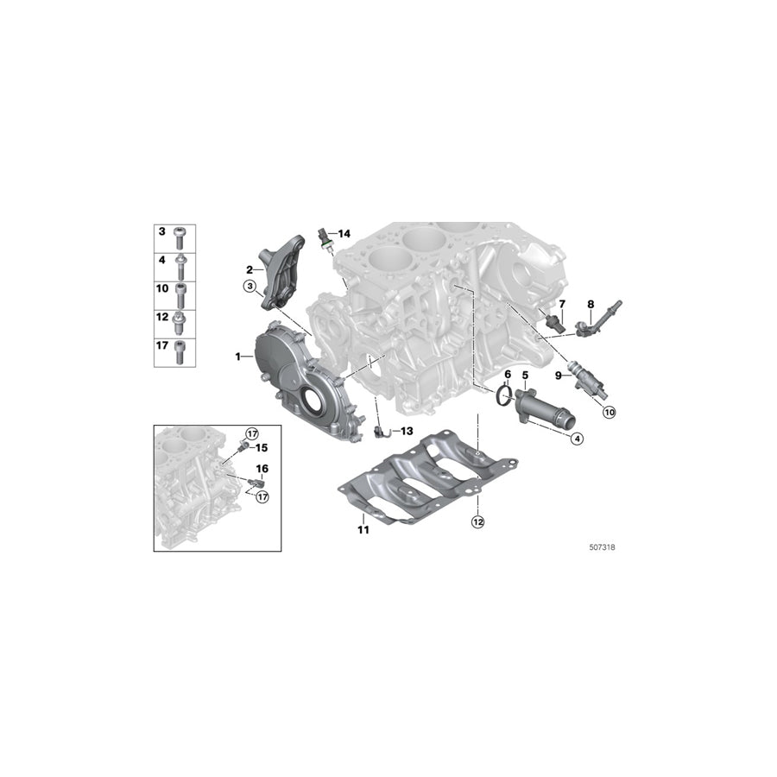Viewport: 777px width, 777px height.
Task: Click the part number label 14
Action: (344, 234)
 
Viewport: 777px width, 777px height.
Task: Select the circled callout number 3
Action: (250, 287)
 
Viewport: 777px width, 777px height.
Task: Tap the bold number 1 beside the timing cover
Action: (237, 356)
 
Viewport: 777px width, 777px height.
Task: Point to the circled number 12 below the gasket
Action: (477, 521)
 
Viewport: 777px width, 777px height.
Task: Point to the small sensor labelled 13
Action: (381, 428)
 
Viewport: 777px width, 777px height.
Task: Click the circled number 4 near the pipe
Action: (578, 439)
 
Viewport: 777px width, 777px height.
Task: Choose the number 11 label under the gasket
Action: (363, 529)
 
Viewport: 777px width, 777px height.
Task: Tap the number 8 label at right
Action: (591, 304)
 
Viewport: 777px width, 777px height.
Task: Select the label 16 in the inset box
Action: (262, 469)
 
